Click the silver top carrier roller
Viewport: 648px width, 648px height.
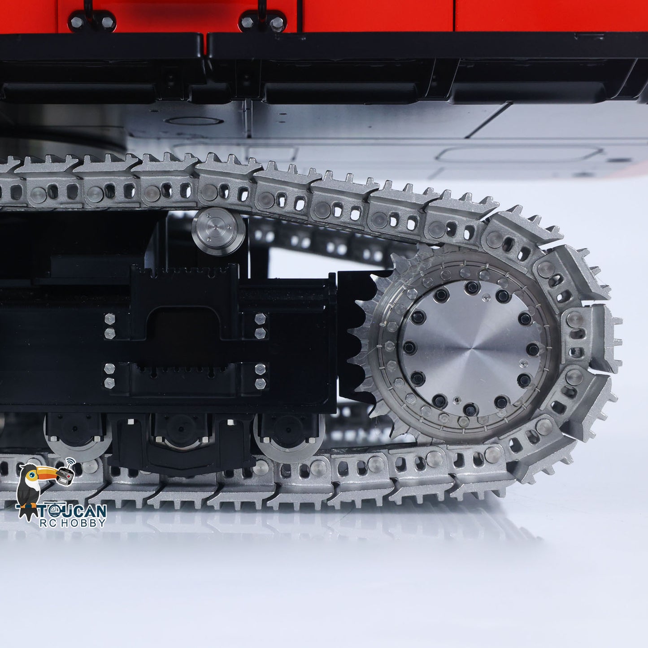pyautogui.click(x=218, y=231)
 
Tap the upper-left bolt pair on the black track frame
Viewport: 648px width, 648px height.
pyautogui.click(x=110, y=326)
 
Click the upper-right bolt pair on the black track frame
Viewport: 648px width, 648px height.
pyautogui.click(x=260, y=326)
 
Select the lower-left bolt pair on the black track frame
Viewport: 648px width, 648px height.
pyautogui.click(x=110, y=376)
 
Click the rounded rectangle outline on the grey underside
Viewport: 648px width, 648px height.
pyautogui.click(x=520, y=155)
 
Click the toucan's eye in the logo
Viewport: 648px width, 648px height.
pyautogui.click(x=34, y=472)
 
